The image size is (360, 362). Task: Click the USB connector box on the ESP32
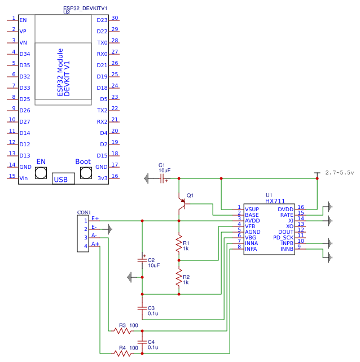coord(63,178)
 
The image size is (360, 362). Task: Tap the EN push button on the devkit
coord(41,173)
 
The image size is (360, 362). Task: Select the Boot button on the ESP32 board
coord(83,173)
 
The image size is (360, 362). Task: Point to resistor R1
coord(179,245)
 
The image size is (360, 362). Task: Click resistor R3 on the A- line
coord(121,330)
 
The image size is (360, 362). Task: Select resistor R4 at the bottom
coord(121,353)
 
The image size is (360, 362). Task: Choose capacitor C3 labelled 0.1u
coord(142,308)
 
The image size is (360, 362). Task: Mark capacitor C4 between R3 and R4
coord(142,342)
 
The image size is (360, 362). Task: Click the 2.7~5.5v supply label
coord(340,172)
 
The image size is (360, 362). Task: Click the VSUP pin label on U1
coord(252,209)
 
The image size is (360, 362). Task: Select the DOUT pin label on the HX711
coord(286,232)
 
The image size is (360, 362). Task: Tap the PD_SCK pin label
coord(283,238)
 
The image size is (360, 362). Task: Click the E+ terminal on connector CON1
coord(95,219)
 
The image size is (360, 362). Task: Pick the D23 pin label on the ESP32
coord(102,20)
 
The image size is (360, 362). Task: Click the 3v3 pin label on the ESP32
coord(102,178)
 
